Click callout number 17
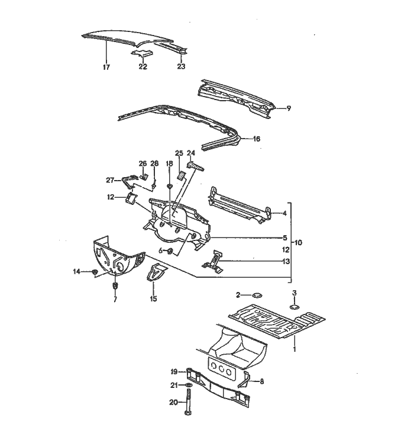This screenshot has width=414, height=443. pyautogui.click(x=106, y=68)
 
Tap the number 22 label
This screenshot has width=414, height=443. pyautogui.click(x=143, y=67)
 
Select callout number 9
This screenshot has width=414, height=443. pyautogui.click(x=289, y=108)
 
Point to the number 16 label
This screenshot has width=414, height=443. pyautogui.click(x=256, y=139)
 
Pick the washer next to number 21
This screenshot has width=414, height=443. pyautogui.click(x=188, y=386)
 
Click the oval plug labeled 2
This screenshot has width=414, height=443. pyautogui.click(x=257, y=294)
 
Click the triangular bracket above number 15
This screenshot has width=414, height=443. pyautogui.click(x=157, y=274)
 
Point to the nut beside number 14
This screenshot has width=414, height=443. pyautogui.click(x=95, y=272)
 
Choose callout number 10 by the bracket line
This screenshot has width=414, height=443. pyautogui.click(x=297, y=243)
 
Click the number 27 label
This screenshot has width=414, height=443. pyautogui.click(x=109, y=179)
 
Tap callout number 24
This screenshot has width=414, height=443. pyautogui.click(x=191, y=153)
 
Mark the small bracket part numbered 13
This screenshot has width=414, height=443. pyautogui.click(x=215, y=261)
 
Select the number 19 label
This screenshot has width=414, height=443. pyautogui.click(x=174, y=371)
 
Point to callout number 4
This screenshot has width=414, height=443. pyautogui.click(x=285, y=213)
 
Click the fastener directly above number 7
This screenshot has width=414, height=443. pyautogui.click(x=115, y=287)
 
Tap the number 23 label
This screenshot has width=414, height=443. pyautogui.click(x=181, y=67)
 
